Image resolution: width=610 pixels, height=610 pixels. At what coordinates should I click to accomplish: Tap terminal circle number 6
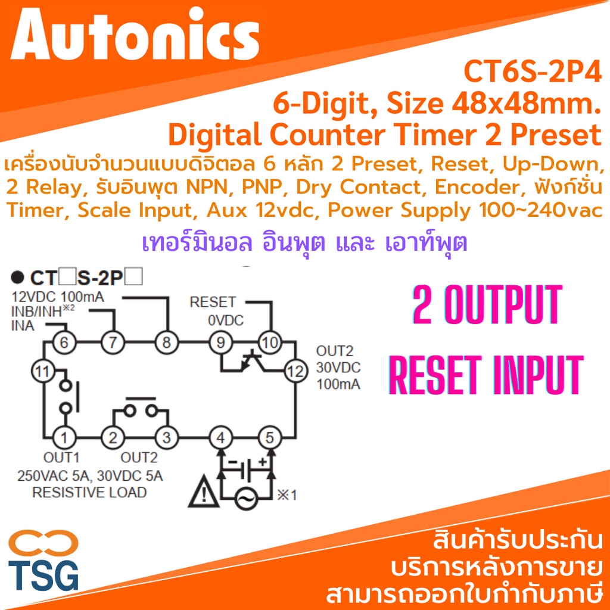(64, 343)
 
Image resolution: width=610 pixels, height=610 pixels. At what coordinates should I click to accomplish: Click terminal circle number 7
(113, 343)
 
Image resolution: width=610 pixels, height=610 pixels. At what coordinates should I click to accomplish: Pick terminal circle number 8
(167, 343)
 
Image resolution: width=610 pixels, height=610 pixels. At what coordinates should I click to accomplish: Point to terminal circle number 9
(220, 343)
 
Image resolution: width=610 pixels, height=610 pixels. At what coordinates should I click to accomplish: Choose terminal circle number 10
(270, 343)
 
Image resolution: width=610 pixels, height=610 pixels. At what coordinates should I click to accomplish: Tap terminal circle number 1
(64, 438)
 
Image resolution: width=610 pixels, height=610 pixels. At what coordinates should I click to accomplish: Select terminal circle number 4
(220, 438)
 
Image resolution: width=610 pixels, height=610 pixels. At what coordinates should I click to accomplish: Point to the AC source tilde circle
(246, 498)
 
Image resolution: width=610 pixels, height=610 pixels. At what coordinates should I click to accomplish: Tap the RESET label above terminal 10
(213, 302)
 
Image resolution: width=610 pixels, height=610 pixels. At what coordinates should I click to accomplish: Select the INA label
(23, 326)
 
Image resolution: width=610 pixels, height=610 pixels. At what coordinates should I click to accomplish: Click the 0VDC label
(226, 320)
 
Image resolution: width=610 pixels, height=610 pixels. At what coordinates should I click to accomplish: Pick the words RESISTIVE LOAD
(89, 493)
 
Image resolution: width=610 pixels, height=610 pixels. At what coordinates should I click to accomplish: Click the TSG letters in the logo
(43, 575)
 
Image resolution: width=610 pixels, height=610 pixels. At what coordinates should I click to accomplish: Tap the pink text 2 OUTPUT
(487, 305)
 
